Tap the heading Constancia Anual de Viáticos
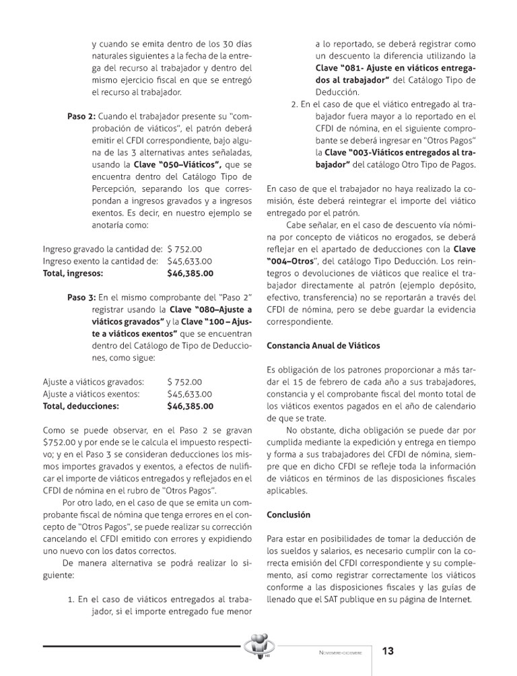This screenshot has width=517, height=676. (323, 345)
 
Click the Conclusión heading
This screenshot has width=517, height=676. (288, 514)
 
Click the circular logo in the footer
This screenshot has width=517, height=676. (258, 648)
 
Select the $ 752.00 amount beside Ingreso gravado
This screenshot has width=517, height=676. (184, 248)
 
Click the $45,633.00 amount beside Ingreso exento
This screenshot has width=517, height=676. (189, 261)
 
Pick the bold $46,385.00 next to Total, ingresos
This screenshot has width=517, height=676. (190, 273)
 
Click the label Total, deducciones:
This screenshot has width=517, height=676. (81, 406)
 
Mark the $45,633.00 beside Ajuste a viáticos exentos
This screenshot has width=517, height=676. (189, 394)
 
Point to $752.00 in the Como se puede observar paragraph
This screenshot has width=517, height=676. (59, 441)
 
